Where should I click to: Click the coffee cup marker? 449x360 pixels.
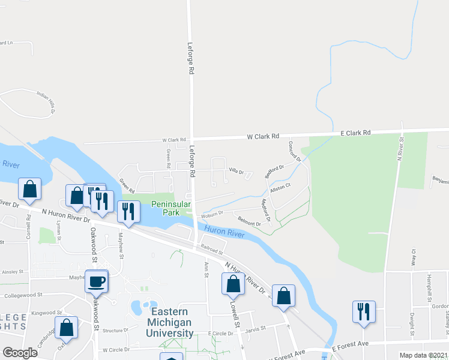97,281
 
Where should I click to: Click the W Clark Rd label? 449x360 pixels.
264,137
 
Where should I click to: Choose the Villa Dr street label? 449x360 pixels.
237,172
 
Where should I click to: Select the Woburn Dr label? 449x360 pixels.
212,213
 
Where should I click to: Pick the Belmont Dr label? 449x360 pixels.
249,221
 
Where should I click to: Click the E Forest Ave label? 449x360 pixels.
350,346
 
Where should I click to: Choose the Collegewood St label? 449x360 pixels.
23,295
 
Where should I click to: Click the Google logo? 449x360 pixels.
20,352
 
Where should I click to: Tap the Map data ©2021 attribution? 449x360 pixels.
423,355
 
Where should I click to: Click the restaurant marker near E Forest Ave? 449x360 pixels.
364,311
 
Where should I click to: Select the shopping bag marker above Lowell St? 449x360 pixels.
233,284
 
